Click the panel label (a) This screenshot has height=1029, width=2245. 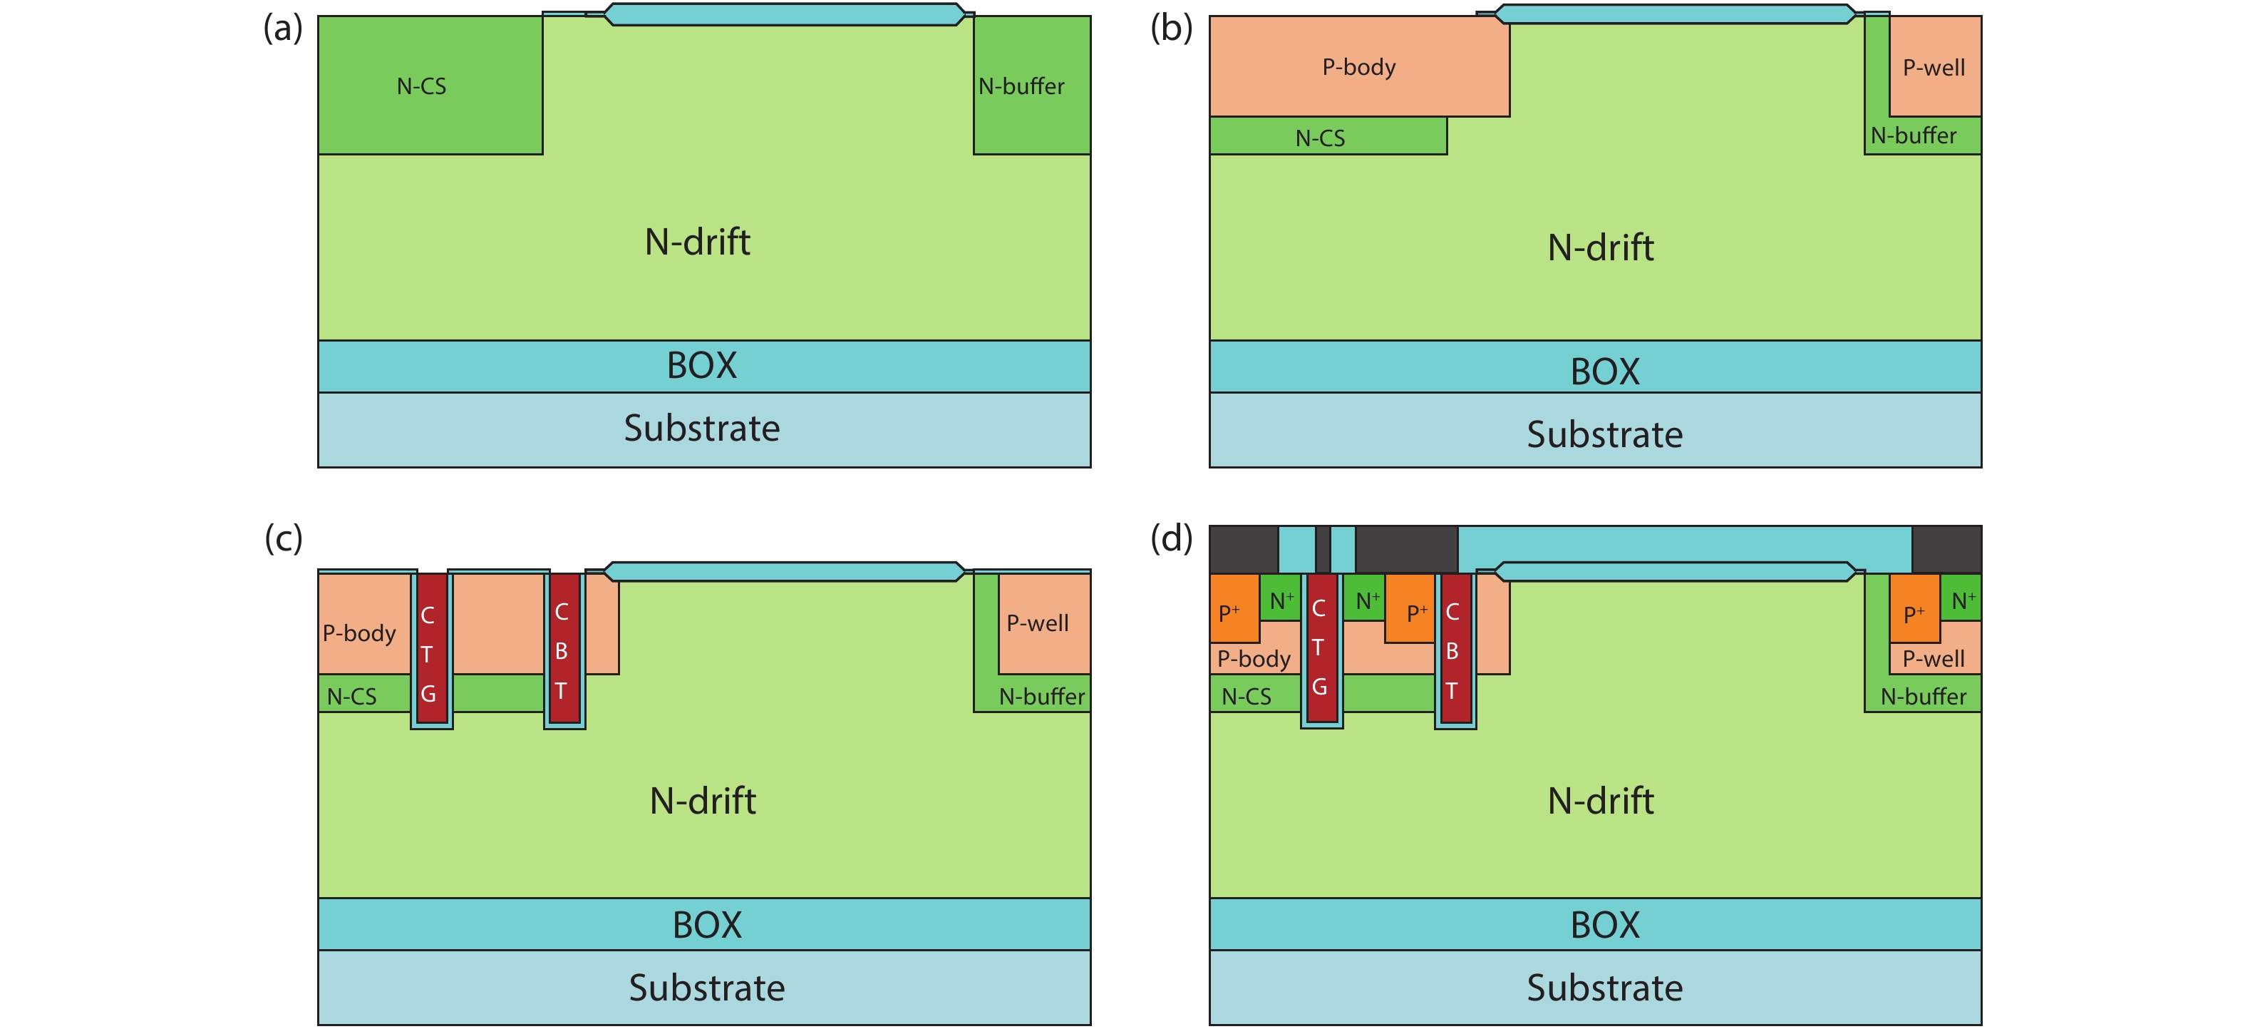(283, 29)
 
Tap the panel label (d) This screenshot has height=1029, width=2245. (1170, 538)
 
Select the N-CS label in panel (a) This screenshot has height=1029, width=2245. (421, 86)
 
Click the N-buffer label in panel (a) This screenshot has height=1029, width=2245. (1021, 86)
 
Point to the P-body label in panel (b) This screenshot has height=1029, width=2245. (1358, 67)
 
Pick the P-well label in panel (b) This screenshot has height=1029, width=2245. (1933, 68)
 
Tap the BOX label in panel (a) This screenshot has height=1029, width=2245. (701, 365)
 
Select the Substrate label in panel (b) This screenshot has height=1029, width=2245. (1604, 434)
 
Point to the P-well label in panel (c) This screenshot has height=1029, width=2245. (1037, 623)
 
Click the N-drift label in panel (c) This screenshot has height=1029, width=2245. (703, 801)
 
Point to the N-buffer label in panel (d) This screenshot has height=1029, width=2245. (1923, 696)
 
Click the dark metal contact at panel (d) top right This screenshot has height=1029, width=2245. (1946, 548)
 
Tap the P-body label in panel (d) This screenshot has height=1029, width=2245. (1253, 658)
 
